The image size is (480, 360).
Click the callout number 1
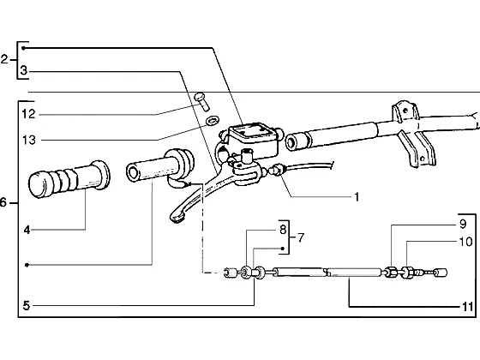click(x=357, y=197)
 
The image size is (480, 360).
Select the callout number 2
click(x=4, y=59)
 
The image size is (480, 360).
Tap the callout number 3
click(x=24, y=70)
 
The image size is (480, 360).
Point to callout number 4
click(x=27, y=230)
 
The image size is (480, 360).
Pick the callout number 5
click(x=27, y=305)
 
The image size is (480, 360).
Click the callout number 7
click(x=301, y=237)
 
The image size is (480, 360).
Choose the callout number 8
click(x=283, y=230)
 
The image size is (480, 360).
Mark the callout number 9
click(x=463, y=224)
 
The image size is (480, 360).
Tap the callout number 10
click(x=466, y=242)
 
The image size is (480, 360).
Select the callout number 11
click(x=467, y=307)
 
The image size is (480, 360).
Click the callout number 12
click(x=29, y=114)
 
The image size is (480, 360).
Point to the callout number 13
click(x=29, y=141)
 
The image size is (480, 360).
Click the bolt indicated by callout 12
click(x=201, y=102)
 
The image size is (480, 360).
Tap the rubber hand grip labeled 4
click(x=69, y=179)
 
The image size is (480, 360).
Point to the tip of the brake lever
click(x=176, y=217)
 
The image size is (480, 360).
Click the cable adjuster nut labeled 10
click(x=407, y=273)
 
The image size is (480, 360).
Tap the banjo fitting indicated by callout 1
click(x=275, y=170)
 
